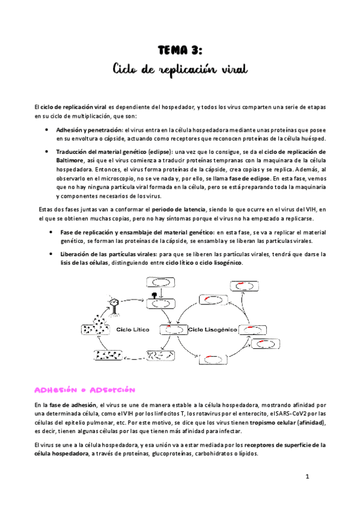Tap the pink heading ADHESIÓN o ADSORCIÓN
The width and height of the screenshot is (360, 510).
tap(87, 373)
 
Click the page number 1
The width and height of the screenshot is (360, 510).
tap(307, 477)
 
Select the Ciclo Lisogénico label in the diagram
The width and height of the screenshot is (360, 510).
tap(213, 330)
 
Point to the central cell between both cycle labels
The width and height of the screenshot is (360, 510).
tap(172, 330)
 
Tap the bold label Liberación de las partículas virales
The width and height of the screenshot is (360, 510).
tap(106, 254)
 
